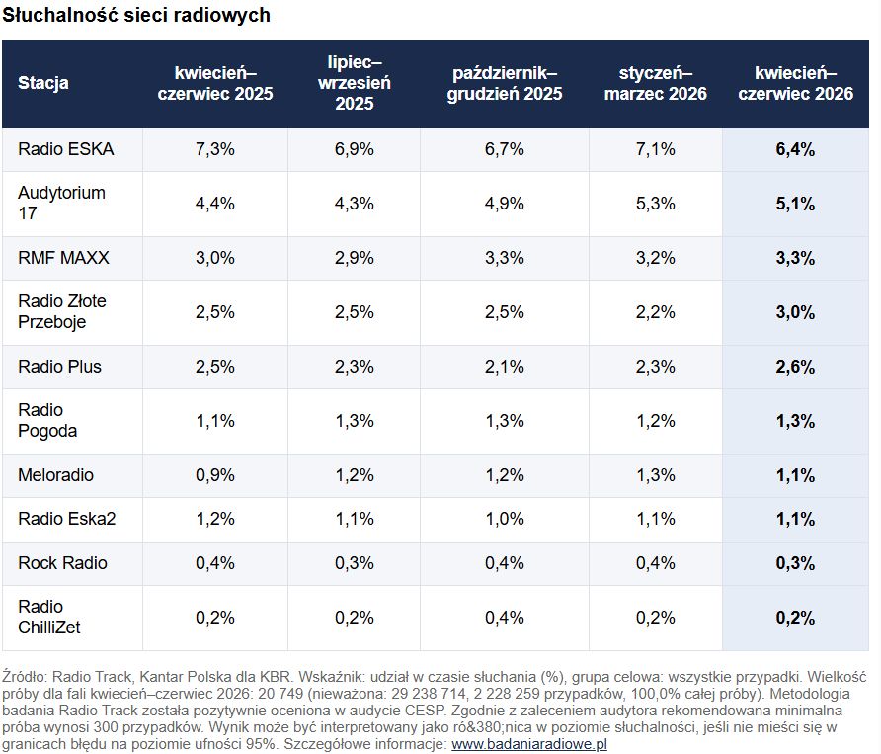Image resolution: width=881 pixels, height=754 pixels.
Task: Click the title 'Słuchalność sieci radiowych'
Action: (x=136, y=15)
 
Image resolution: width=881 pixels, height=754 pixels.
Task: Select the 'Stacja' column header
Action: (x=43, y=83)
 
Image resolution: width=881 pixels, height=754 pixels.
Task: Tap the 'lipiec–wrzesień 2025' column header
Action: (x=354, y=83)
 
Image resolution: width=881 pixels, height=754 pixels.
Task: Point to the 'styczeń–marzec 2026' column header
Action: (x=655, y=83)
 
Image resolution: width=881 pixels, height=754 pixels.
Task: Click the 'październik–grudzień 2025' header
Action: (x=505, y=83)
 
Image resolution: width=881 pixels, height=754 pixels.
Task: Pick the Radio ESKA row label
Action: (x=66, y=149)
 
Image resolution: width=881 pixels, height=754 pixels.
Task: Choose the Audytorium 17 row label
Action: (x=61, y=203)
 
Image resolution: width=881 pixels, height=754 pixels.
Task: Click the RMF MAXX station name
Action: (x=63, y=258)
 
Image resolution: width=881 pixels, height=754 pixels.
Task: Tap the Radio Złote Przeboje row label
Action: (x=62, y=311)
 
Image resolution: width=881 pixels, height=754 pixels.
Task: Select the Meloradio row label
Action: (x=55, y=475)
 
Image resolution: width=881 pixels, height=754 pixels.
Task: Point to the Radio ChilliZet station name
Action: (x=48, y=617)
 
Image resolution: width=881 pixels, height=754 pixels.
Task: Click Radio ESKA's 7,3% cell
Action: (x=214, y=149)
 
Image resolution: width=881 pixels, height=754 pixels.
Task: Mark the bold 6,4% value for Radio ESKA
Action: (x=795, y=149)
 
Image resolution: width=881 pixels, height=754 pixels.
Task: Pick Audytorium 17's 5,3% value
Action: (x=655, y=203)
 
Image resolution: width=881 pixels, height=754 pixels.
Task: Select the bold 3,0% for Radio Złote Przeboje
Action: (x=795, y=312)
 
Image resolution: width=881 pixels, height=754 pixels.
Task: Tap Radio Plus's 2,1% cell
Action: (x=505, y=367)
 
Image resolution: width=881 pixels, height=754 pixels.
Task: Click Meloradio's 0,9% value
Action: (x=214, y=475)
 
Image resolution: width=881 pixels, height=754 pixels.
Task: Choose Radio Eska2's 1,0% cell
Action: (x=505, y=519)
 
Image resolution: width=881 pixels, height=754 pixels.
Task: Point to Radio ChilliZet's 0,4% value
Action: (x=505, y=618)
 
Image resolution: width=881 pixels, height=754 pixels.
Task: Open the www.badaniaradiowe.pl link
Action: (x=529, y=744)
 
